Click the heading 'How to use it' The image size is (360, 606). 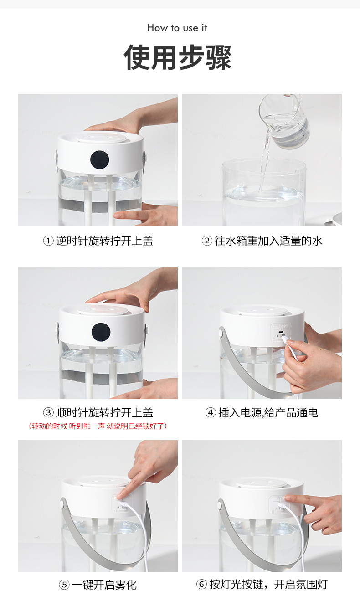[177, 28]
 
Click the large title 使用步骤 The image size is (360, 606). [178, 57]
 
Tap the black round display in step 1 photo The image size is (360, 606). [99, 159]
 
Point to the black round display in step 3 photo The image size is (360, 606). [101, 332]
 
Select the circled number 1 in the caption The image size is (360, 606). [48, 241]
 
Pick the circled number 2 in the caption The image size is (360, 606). [206, 241]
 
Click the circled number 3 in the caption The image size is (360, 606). [48, 412]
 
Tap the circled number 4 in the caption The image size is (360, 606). [211, 412]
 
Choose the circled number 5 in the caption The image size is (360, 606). [64, 585]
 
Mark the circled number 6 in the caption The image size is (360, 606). [201, 584]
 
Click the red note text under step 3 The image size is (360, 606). [98, 426]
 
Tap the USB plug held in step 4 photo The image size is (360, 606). [284, 338]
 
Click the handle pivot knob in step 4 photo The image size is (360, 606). [221, 332]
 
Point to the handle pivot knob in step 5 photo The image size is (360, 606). [63, 504]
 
